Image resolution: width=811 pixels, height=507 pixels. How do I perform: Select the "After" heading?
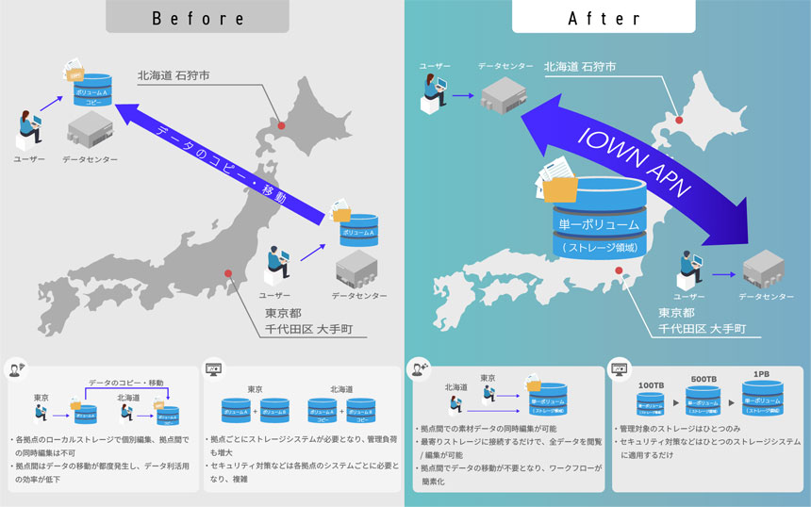[x=606, y=18]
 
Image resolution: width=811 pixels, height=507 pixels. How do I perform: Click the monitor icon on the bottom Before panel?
[x=212, y=368]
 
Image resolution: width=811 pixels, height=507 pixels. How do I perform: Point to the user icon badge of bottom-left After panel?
[x=417, y=368]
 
